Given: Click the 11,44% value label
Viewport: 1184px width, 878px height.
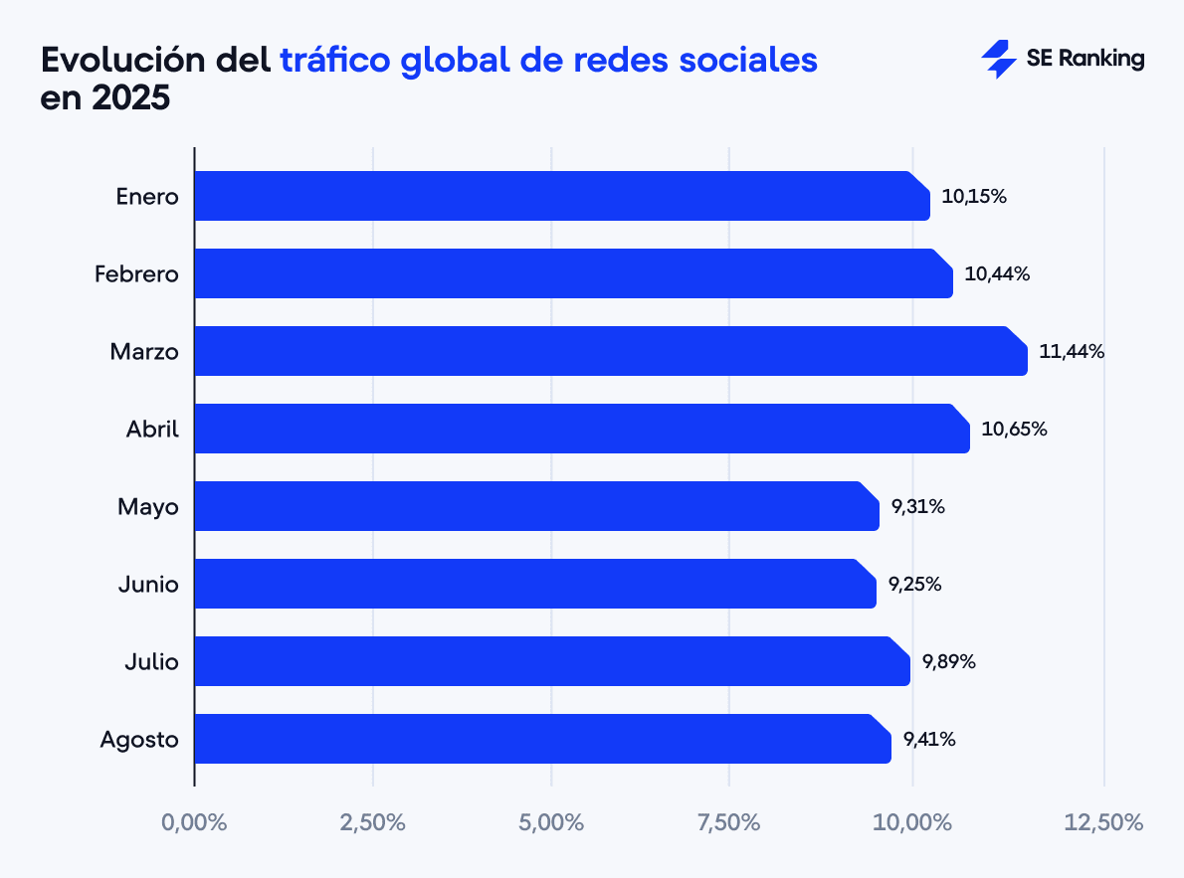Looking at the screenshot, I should tap(1072, 351).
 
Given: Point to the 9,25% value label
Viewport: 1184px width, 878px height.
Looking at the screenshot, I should tap(914, 584).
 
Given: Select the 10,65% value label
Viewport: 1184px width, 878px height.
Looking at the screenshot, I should tap(1014, 429).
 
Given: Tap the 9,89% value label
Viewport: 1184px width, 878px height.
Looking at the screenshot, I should tap(948, 661).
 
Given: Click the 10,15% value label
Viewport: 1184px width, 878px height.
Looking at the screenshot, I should tap(974, 196).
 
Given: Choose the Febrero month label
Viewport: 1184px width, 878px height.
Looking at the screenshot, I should tap(136, 273).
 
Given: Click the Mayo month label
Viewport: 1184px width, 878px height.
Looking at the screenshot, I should tap(147, 506).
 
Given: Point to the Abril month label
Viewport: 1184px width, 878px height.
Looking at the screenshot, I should tap(152, 429).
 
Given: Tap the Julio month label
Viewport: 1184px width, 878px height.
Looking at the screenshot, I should tap(151, 661).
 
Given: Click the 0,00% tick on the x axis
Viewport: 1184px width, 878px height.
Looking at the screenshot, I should tap(194, 823).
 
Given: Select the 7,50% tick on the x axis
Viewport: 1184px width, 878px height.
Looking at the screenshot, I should tap(729, 823).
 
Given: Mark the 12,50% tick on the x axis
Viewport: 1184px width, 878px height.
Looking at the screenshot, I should tap(1103, 823).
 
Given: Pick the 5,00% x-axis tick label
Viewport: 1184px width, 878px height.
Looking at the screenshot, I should tap(551, 823).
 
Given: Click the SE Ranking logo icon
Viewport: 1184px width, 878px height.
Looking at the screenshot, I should tap(998, 60).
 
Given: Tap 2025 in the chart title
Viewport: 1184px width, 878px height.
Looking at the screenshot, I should tap(127, 99).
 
